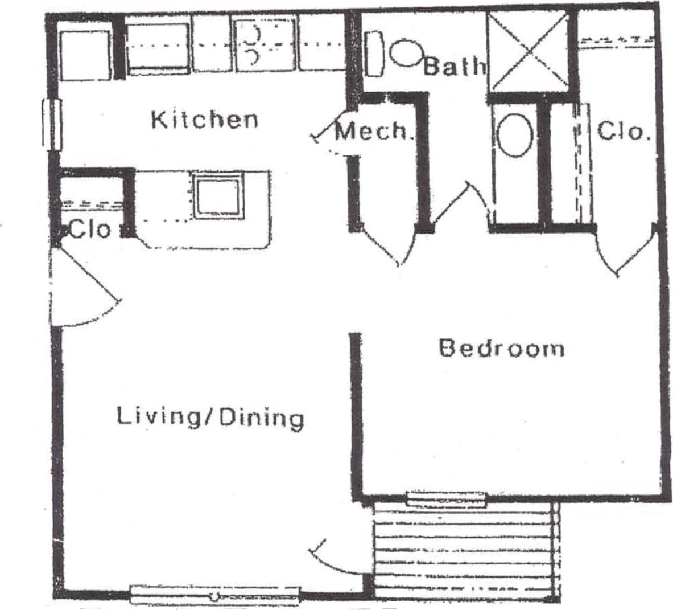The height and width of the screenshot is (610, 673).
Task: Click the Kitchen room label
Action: click(x=204, y=120)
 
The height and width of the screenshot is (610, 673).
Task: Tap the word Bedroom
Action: click(x=502, y=348)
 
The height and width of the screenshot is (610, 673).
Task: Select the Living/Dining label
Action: click(x=210, y=417)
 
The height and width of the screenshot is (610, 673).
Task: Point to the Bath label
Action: click(x=453, y=67)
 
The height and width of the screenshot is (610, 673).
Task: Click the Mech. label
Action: click(x=373, y=132)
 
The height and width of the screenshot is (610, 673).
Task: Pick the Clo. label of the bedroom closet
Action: click(x=623, y=132)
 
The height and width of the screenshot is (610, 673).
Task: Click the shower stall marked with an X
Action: click(x=529, y=51)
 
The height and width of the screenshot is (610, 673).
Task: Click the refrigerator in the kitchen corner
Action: click(x=85, y=55)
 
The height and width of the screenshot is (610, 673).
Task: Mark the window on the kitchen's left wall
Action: click(x=52, y=124)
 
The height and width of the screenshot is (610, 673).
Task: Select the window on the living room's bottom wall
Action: click(x=214, y=596)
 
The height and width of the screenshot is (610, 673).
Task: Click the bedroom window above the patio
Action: click(x=447, y=499)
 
